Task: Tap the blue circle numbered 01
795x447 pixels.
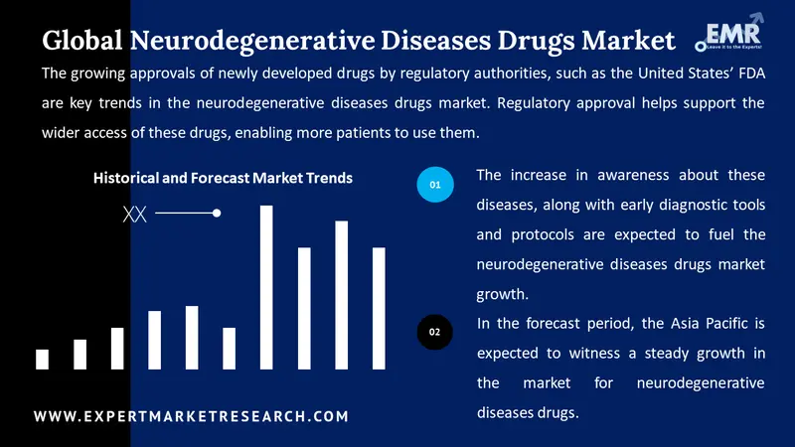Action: click(x=434, y=185)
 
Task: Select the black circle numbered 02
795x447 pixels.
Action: click(x=434, y=332)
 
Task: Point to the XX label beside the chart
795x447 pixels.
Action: click(x=134, y=213)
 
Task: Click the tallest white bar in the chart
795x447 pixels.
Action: click(x=266, y=287)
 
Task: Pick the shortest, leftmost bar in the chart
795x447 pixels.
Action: click(x=42, y=360)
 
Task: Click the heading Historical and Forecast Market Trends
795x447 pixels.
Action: click(x=223, y=178)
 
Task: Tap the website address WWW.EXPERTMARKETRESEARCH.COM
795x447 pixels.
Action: click(x=192, y=416)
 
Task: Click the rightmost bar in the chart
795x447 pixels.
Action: click(x=379, y=308)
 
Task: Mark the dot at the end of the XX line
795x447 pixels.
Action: click(x=217, y=213)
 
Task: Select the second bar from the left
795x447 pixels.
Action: click(x=79, y=355)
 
